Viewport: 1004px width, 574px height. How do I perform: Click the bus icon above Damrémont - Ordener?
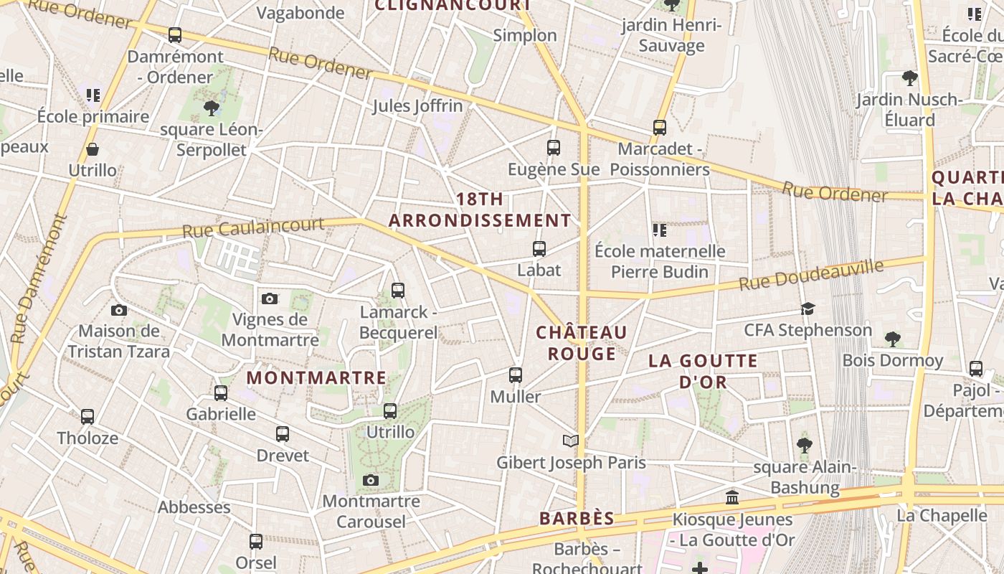tap(174, 34)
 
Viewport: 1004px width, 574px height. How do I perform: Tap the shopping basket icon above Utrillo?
tap(93, 149)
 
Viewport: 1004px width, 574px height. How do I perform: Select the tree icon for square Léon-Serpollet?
tap(211, 108)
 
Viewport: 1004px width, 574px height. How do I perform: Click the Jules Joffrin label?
tap(417, 106)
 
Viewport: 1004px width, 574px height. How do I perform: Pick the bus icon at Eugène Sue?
tap(553, 148)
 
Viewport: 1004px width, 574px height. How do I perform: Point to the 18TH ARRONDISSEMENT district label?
tap(480, 210)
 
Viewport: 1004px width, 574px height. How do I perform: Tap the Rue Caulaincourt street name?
tap(252, 227)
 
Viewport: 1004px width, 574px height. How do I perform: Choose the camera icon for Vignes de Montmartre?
tap(270, 298)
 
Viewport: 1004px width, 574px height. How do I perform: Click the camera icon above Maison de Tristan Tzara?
tap(119, 310)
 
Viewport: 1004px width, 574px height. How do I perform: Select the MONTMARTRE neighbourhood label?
tap(316, 377)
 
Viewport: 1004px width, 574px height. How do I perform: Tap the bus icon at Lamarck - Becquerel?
tap(398, 291)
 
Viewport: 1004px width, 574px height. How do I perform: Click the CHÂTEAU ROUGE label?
tap(582, 342)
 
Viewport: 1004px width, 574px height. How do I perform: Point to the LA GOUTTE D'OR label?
tap(703, 370)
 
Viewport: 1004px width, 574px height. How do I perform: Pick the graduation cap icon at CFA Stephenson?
tap(808, 309)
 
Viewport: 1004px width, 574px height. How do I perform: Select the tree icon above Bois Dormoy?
tap(893, 339)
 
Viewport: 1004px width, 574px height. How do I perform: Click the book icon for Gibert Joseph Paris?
tap(571, 441)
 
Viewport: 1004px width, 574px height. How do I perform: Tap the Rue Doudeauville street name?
tap(811, 276)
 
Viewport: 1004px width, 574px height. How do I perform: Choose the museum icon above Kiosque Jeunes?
tap(732, 497)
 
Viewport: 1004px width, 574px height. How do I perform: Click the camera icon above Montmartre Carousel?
tap(371, 480)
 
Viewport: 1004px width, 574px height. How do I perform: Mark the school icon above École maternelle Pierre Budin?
tap(660, 230)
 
